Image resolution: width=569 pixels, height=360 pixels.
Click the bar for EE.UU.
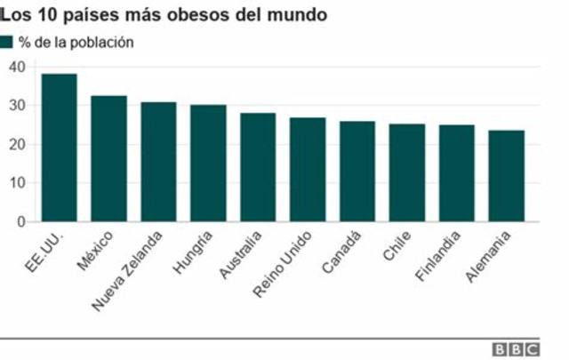(59, 148)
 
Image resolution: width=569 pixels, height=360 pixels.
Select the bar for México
(108, 158)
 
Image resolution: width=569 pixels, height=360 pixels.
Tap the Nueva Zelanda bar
(158, 162)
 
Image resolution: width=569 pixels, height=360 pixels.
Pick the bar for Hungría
(208, 164)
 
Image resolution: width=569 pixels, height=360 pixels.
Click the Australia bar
(258, 167)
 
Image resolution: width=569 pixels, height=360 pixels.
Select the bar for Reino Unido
(308, 170)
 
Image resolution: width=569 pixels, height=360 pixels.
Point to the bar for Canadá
(357, 172)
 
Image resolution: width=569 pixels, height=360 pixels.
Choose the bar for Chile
(407, 172)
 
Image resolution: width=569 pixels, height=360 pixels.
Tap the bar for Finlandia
(457, 173)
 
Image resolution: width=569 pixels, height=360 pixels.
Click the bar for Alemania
(507, 176)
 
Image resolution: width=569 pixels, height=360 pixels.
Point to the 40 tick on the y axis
(16, 67)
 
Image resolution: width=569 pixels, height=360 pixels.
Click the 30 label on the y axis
(16, 106)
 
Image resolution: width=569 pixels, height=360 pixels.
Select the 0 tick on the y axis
(20, 222)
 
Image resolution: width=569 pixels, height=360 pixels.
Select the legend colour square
(7, 42)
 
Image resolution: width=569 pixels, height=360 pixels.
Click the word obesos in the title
(184, 15)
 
